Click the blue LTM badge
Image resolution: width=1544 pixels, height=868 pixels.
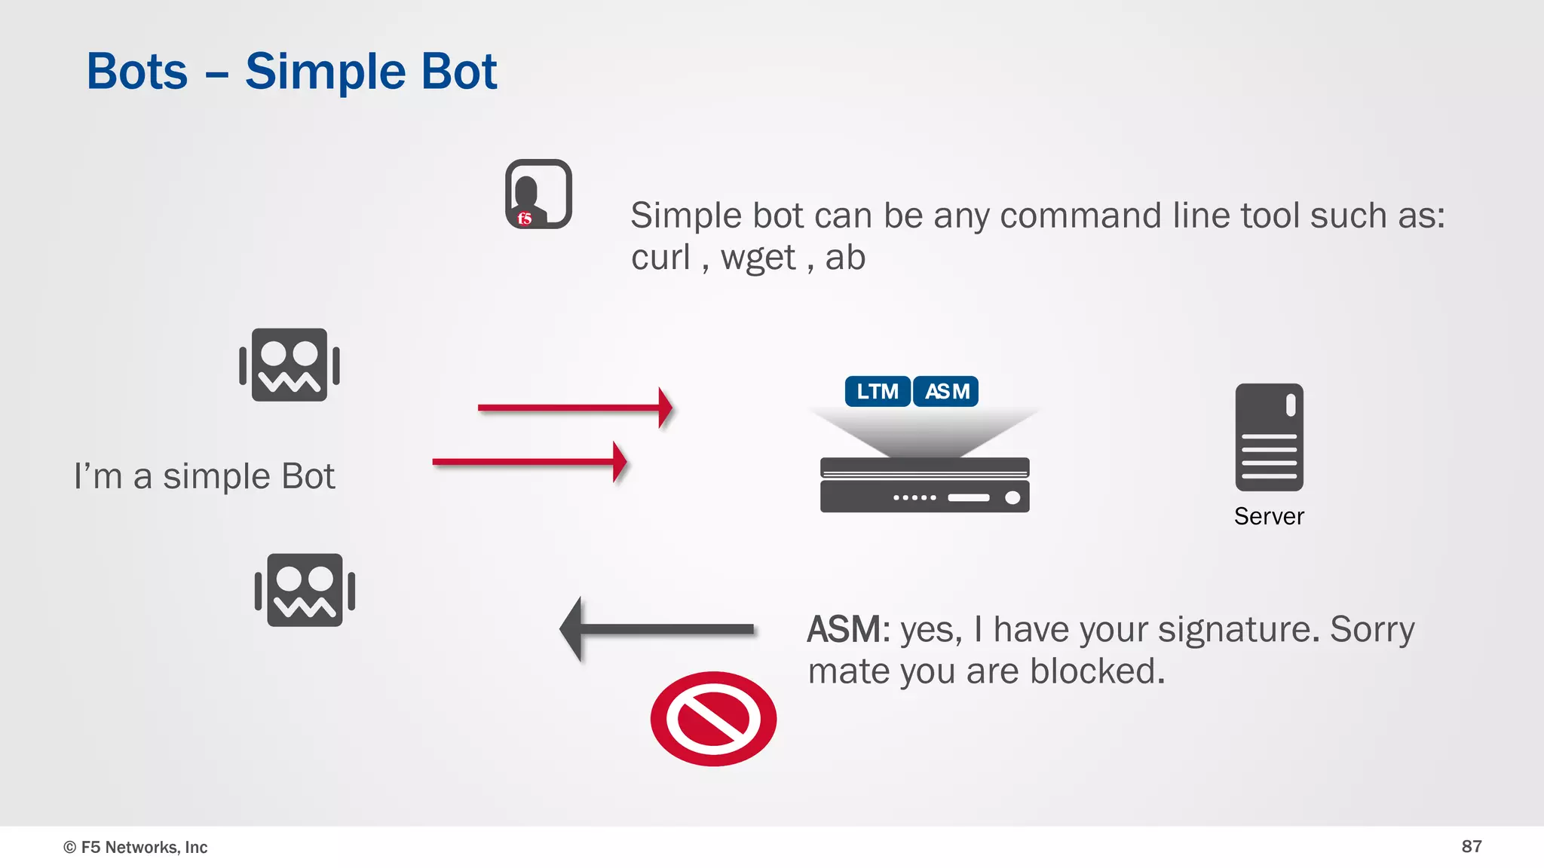click(878, 392)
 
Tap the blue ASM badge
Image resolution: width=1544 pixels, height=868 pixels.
click(946, 392)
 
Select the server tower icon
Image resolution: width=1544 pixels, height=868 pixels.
click(1269, 437)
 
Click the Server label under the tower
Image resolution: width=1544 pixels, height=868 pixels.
click(1269, 517)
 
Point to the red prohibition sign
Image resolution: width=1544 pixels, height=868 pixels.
click(713, 719)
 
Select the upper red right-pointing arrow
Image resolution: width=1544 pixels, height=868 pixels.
click(575, 408)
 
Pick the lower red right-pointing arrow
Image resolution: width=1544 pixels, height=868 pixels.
click(530, 462)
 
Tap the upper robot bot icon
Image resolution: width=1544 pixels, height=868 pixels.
click(289, 365)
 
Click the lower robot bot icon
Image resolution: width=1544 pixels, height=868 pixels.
click(305, 590)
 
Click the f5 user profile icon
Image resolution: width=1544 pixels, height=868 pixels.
click(538, 194)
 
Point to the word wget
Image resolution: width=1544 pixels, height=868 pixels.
click(758, 258)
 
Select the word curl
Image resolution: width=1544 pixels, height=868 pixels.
click(660, 258)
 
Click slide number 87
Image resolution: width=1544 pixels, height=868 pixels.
click(1471, 846)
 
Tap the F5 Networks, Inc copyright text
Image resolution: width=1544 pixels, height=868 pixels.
click(136, 847)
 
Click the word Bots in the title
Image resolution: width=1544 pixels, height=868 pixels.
click(137, 72)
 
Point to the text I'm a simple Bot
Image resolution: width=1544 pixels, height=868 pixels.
click(204, 476)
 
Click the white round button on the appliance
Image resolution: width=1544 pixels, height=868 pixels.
click(1012, 497)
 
